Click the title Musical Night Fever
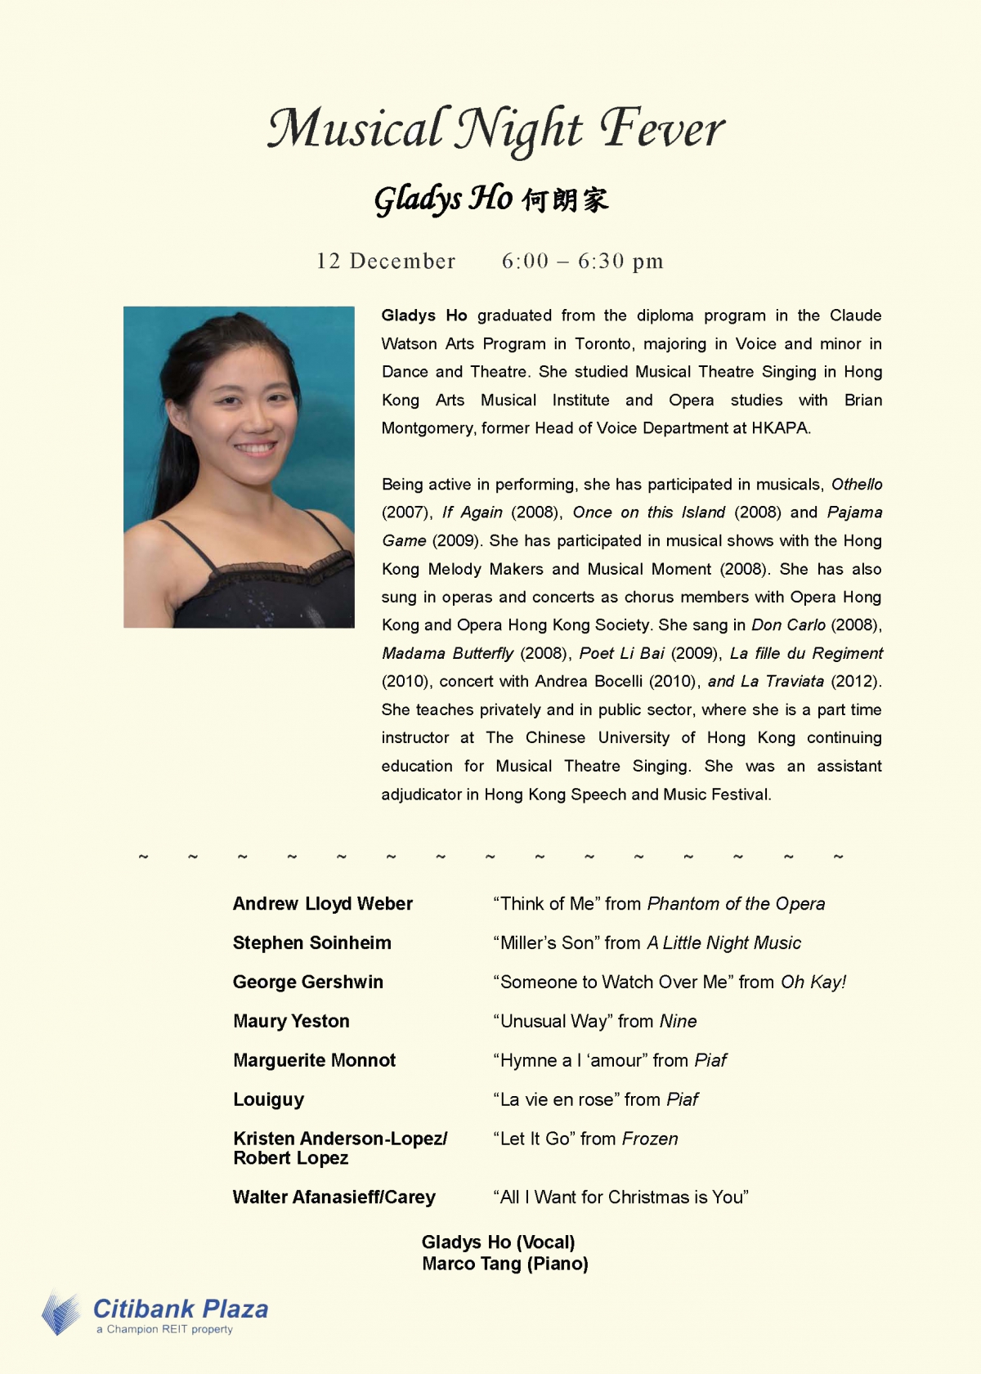point(496,129)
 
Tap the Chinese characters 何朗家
point(566,200)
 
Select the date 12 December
point(386,262)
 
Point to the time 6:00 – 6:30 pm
point(582,262)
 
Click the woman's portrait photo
point(239,467)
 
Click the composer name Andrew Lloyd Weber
point(322,903)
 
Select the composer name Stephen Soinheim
point(311,942)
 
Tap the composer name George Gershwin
point(307,982)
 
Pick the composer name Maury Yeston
point(291,1021)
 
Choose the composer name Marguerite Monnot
point(314,1060)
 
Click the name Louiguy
point(268,1099)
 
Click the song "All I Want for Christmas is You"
point(620,1197)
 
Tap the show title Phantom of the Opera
point(736,903)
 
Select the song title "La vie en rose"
point(556,1099)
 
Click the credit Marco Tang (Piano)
point(504,1264)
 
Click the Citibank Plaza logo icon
point(61,1313)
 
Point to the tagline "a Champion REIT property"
point(164,1330)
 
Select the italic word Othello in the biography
point(857,484)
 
